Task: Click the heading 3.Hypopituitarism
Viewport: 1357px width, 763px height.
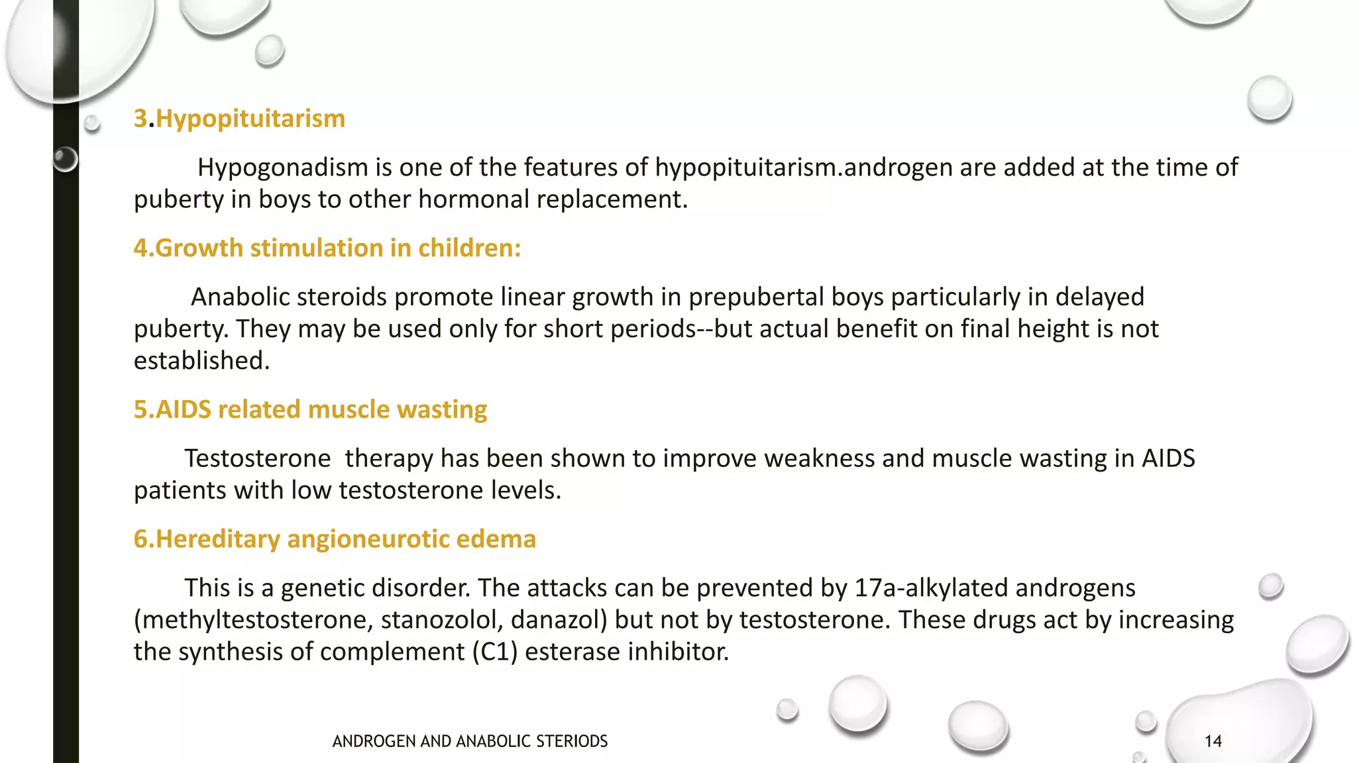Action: (239, 119)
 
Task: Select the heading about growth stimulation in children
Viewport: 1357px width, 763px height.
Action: (327, 248)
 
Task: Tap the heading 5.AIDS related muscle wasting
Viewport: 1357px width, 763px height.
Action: (310, 410)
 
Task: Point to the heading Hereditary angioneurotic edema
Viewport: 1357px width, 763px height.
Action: (335, 539)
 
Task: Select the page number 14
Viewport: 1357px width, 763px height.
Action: (1213, 741)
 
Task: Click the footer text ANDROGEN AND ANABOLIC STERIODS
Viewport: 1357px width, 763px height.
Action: (470, 741)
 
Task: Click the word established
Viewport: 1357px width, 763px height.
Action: (201, 361)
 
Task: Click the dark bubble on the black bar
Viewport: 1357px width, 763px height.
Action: (65, 159)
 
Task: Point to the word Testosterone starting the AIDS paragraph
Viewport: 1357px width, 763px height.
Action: (257, 458)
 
